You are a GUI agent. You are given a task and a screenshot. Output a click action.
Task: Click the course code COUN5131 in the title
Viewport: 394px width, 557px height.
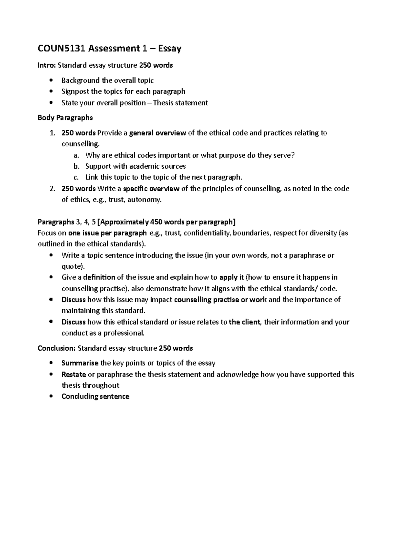tap(59, 49)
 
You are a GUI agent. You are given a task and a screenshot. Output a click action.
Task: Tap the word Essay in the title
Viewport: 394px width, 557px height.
tap(169, 49)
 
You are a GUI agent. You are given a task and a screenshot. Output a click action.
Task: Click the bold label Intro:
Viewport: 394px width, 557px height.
tap(47, 65)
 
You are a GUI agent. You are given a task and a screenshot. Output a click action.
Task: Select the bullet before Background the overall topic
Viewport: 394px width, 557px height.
tap(50, 80)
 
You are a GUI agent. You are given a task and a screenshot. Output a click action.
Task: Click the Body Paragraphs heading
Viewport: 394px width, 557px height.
tap(65, 117)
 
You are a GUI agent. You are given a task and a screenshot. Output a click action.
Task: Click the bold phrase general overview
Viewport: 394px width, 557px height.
tap(158, 133)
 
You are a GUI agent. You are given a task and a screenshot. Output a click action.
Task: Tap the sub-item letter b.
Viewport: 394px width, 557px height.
tap(76, 166)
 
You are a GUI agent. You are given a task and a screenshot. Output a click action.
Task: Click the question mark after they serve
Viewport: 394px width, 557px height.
tap(293, 155)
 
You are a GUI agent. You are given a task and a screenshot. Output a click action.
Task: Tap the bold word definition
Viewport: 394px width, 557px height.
tap(99, 278)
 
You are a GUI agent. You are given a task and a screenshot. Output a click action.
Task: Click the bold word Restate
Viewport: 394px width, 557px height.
tap(74, 374)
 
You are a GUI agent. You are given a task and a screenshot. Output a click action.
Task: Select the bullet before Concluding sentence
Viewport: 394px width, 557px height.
tap(50, 396)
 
